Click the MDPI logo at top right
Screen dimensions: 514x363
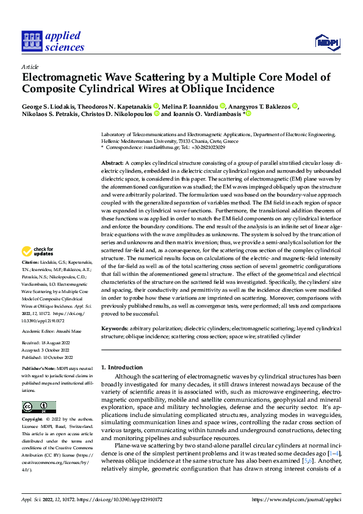326,42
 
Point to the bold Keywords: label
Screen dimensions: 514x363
115,328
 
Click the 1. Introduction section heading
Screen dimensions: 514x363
121,367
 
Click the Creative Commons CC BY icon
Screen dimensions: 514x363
38,407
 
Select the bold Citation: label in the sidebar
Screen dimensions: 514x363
31,278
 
